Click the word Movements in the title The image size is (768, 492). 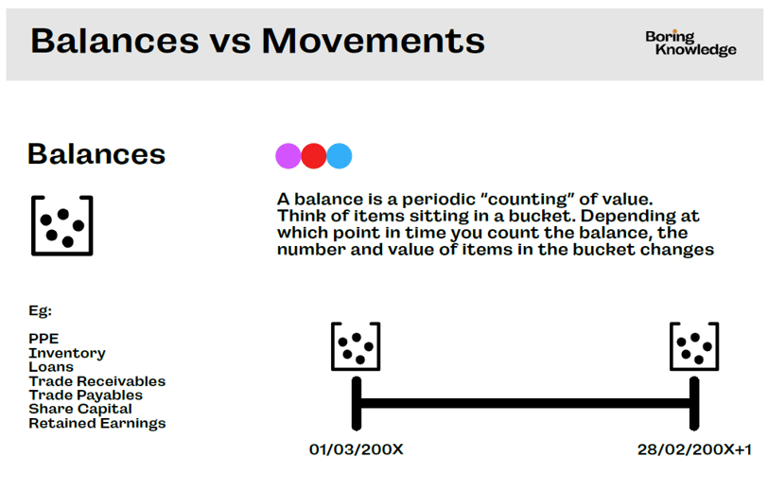[374, 41]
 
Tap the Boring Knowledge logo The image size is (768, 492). [690, 44]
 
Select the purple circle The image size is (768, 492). [288, 156]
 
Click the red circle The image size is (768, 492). [313, 156]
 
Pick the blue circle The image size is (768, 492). [339, 156]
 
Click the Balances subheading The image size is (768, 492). [96, 154]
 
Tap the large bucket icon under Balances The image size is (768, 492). [32, 225]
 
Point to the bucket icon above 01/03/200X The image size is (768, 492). [332, 346]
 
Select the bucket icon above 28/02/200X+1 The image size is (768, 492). [671, 346]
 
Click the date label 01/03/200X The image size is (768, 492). [356, 449]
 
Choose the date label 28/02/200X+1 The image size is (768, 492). [694, 449]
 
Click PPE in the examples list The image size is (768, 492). [44, 339]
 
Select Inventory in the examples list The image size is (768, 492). [67, 353]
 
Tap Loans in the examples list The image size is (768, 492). [51, 367]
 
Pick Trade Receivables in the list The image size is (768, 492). [97, 381]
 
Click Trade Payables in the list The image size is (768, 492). [86, 395]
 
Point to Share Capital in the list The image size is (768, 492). [80, 409]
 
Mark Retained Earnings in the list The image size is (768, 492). [97, 423]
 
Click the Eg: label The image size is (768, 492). [40, 310]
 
